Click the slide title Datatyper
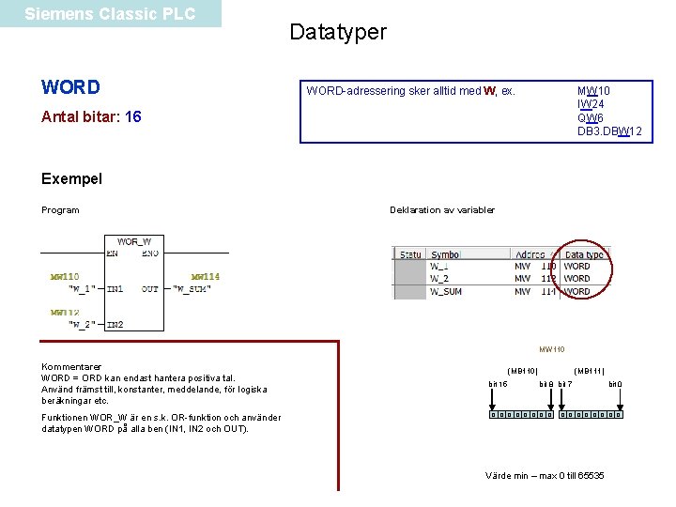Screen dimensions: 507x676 pyautogui.click(x=338, y=32)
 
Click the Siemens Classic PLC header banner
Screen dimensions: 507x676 pyautogui.click(x=110, y=14)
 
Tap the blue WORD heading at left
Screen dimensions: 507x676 pyautogui.click(x=70, y=87)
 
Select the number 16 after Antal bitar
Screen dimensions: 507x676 pyautogui.click(x=133, y=117)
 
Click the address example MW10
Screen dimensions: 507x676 pyautogui.click(x=593, y=91)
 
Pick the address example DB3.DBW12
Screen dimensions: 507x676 pyautogui.click(x=609, y=131)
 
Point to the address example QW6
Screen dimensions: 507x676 pyautogui.click(x=591, y=118)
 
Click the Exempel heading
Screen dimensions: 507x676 pyautogui.click(x=72, y=178)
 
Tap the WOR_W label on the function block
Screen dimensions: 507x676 pyautogui.click(x=134, y=241)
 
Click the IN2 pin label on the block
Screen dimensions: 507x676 pyautogui.click(x=115, y=325)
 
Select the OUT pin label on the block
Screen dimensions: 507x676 pyautogui.click(x=150, y=289)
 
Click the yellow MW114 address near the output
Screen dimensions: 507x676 pyautogui.click(x=205, y=277)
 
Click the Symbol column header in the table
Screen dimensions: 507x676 pyautogui.click(x=445, y=254)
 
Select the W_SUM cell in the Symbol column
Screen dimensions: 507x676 pyautogui.click(x=445, y=291)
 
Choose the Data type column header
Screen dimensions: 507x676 pyautogui.click(x=584, y=254)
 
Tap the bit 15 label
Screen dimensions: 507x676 pyautogui.click(x=498, y=384)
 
